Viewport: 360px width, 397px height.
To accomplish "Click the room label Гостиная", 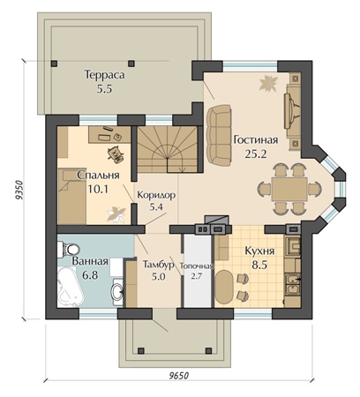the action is tap(255, 139).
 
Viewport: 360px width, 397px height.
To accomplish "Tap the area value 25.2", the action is tap(256, 154).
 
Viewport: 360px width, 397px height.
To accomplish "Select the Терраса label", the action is tap(105, 75).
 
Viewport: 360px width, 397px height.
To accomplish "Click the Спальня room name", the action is tap(98, 176).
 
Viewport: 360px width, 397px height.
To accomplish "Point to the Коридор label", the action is tap(156, 195).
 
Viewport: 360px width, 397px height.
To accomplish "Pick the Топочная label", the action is tap(196, 266).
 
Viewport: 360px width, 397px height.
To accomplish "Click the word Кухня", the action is tap(259, 251).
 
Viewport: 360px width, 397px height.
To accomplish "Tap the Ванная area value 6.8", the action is tap(90, 275).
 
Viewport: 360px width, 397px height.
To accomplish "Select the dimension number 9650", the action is tap(178, 376).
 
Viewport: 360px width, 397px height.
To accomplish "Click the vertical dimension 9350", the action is tap(19, 192).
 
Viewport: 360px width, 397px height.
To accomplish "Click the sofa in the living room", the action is tap(219, 135).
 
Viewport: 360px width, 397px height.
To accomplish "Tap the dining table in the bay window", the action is tap(289, 189).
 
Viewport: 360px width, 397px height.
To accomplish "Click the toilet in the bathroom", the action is tap(68, 249).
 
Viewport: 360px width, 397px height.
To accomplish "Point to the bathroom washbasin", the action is tap(117, 291).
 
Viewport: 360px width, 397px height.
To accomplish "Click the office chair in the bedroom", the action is tap(116, 154).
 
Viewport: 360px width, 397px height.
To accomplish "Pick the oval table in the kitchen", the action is tap(224, 287).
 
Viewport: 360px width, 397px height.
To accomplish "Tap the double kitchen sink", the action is tap(292, 284).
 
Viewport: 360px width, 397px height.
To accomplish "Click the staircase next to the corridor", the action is tap(167, 150).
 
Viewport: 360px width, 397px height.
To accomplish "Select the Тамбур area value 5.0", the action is tap(159, 276).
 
